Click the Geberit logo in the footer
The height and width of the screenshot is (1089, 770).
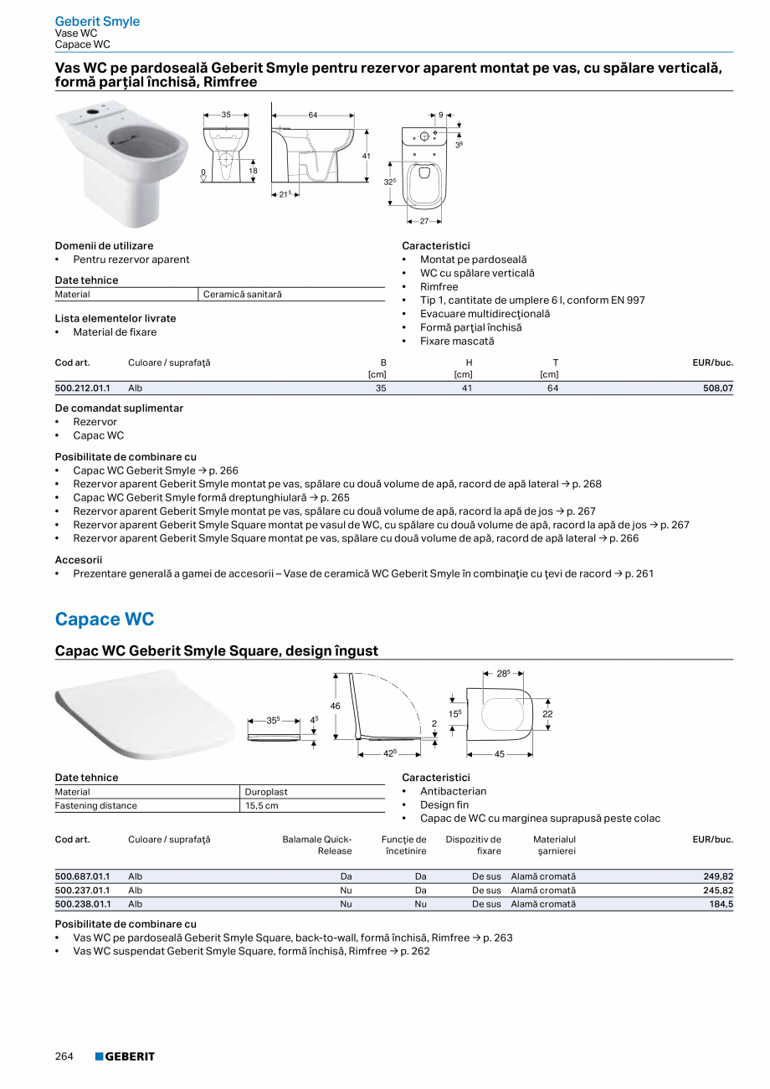(x=125, y=1056)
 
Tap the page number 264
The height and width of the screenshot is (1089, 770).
(x=64, y=1056)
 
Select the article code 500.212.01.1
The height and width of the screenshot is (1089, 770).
(x=82, y=388)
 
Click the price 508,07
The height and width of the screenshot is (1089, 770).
(x=717, y=388)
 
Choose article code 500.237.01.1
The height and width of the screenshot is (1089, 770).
(x=82, y=891)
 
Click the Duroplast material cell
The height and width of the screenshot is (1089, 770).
(x=266, y=792)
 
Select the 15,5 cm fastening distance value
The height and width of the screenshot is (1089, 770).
(x=261, y=805)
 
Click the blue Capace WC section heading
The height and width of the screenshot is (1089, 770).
(x=105, y=619)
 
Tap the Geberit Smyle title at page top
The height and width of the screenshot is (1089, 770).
(x=97, y=21)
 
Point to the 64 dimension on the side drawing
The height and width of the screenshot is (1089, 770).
(x=312, y=115)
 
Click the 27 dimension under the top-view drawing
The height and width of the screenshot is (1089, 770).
(x=423, y=222)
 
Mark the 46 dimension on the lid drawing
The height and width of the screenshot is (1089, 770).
(x=336, y=706)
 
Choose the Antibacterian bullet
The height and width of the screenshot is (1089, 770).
(x=453, y=791)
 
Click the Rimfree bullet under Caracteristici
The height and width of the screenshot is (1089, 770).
(x=439, y=286)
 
